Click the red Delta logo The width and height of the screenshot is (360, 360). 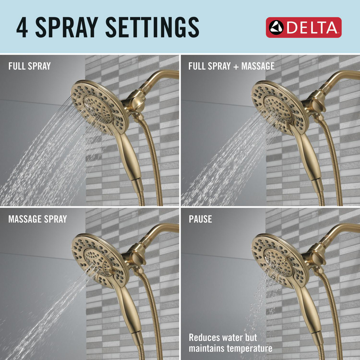point(303,27)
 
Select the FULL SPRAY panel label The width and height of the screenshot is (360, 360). point(30,66)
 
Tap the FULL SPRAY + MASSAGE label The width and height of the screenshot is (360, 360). point(231,66)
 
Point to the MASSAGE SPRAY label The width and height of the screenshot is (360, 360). point(37,219)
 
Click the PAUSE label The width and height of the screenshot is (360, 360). point(200,219)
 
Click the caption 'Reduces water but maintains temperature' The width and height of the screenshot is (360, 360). point(230,343)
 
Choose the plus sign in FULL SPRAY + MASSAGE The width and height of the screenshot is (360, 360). point(236,66)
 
